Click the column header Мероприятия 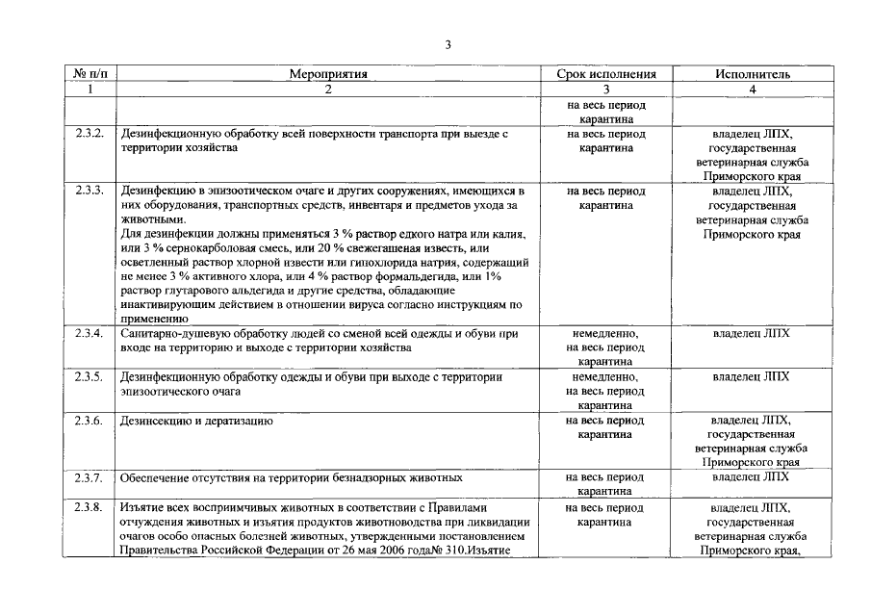[328, 73]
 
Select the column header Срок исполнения [606, 73]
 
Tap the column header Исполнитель [752, 73]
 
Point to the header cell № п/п [90, 73]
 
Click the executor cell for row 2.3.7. [752, 476]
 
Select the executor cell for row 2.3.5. [752, 376]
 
